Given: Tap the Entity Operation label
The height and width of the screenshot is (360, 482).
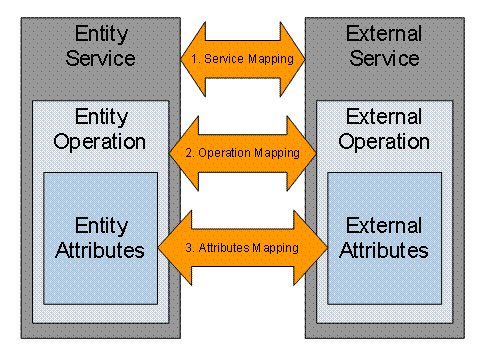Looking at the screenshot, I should (x=100, y=127).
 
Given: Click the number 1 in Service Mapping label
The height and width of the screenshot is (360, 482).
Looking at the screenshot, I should (x=194, y=59).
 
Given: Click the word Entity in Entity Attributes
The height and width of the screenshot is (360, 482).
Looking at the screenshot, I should (x=100, y=225).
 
